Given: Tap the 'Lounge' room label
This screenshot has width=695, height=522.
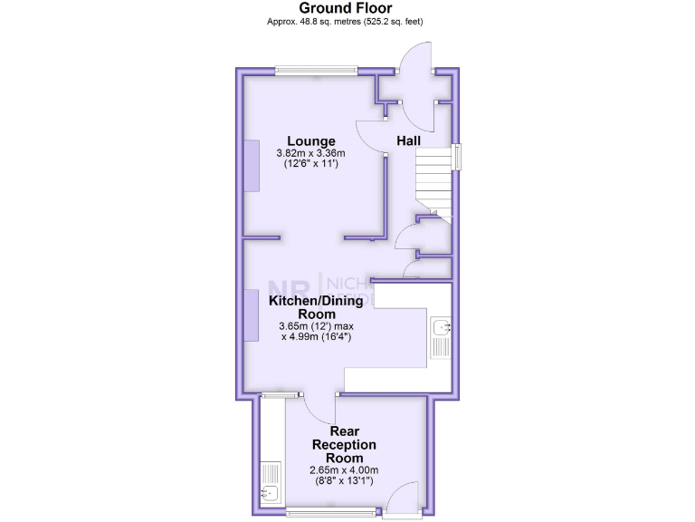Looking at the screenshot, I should click(311, 140).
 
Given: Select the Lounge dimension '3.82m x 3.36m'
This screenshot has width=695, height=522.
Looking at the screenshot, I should click(311, 153).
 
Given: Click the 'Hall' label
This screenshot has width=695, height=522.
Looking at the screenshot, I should click(409, 140).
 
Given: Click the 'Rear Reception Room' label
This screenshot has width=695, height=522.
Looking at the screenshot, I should click(344, 445).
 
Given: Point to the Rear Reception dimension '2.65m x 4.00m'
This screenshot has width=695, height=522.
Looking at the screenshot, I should click(344, 469).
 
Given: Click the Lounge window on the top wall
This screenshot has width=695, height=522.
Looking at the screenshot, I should click(316, 70).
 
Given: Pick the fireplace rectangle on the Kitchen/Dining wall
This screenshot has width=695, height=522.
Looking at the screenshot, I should click(250, 313).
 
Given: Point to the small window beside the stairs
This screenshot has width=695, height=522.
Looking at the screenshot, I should click(457, 157).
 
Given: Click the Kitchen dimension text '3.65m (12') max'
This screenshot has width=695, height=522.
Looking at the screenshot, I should click(314, 325).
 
